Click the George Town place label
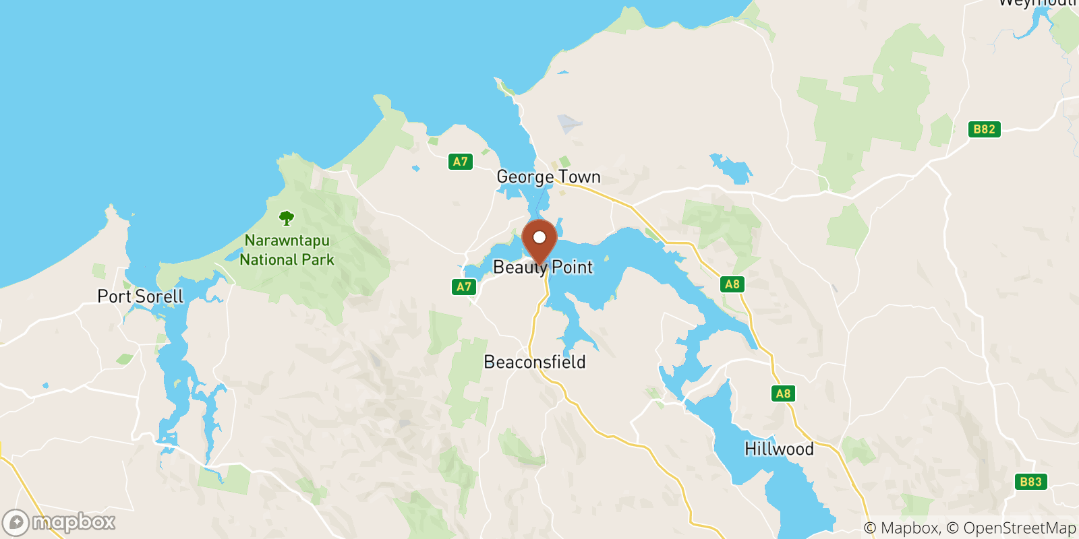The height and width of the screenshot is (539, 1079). pos(548,177)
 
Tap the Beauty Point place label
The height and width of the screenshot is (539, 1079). pos(543,267)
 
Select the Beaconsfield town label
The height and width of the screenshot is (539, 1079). pos(535,362)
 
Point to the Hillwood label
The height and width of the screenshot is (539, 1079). pos(779,449)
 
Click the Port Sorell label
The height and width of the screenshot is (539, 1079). pos(140,296)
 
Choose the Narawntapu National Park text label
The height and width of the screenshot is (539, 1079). pos(287,250)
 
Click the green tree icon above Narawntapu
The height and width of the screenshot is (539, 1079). pos(287,218)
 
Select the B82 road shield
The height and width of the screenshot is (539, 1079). pos(984,129)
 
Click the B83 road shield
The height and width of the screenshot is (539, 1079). pos(1030,482)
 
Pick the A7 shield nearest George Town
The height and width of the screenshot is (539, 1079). pos(460,162)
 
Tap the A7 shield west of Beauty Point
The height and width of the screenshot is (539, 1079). pos(464,287)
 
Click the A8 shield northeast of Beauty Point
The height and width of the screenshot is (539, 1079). pos(732,284)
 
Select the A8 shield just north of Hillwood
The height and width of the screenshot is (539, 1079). pos(783,393)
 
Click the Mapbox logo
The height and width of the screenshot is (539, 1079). pos(59,522)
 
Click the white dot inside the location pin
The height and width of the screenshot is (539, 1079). pos(539,237)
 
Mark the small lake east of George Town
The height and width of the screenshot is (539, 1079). pos(731,168)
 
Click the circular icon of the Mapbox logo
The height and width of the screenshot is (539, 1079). pos(16,523)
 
